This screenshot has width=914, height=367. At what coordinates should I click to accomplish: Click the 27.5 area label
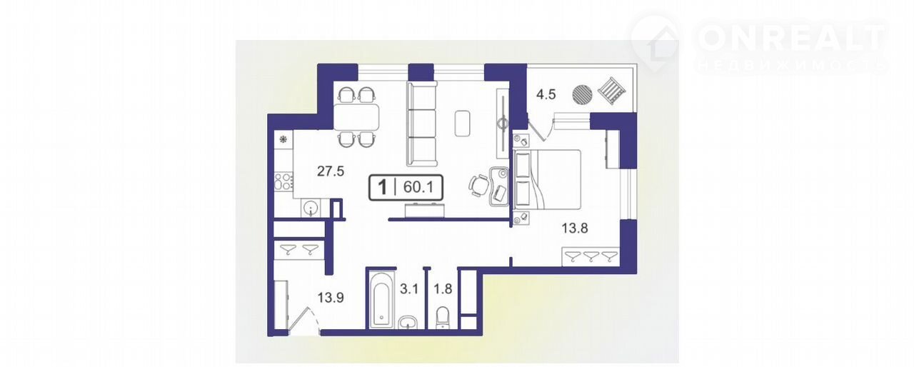331,171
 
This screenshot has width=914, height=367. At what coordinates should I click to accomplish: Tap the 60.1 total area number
418,187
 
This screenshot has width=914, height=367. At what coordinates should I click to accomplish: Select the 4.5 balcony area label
546,94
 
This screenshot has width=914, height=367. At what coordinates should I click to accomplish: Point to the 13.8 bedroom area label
575,228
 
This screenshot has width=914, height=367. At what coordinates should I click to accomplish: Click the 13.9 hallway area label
331,298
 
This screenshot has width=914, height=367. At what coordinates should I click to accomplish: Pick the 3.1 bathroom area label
409,289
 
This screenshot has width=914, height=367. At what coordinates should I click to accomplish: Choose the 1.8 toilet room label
443,289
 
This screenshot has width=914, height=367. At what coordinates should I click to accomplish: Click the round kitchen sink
311,208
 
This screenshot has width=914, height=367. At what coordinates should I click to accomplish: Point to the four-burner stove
283,182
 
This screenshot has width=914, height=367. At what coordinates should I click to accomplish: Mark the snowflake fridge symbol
282,139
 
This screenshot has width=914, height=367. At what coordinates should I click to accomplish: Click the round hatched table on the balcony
582,95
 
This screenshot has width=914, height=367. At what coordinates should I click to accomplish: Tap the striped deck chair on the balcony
612,91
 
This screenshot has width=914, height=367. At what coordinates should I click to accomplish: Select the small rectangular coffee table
463,124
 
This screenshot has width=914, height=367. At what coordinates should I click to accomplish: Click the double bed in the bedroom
547,179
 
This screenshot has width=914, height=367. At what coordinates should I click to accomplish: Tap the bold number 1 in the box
382,187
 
